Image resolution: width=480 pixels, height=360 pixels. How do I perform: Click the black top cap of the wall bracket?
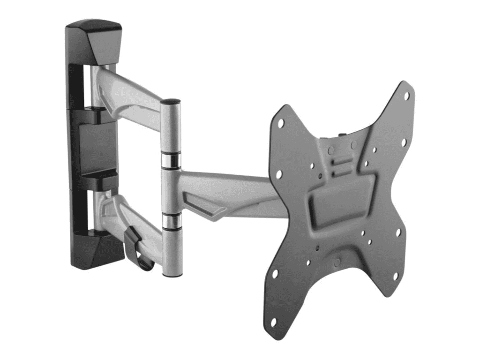(x=94, y=40)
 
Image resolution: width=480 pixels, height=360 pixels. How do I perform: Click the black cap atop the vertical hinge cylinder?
(x=170, y=102)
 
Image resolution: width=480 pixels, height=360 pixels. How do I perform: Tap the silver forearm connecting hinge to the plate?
(x=225, y=192)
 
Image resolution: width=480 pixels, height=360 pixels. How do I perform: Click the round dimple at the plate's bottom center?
(x=337, y=261)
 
